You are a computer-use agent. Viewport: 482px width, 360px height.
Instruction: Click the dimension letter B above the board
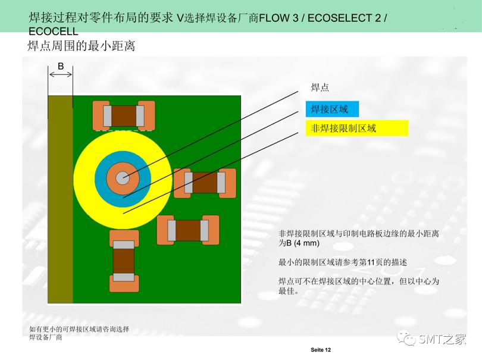(60, 66)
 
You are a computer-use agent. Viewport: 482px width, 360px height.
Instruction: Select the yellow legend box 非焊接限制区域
(357, 128)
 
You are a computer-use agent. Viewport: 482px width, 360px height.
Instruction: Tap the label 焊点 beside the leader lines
(320, 87)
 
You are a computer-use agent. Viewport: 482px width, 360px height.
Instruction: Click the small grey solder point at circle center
(123, 177)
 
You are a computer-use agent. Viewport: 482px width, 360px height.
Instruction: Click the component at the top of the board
(124, 115)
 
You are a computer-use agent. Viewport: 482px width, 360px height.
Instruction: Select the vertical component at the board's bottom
(124, 259)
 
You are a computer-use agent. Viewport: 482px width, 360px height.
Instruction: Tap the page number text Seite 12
(320, 349)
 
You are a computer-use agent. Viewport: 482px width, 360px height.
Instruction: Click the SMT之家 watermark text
(442, 339)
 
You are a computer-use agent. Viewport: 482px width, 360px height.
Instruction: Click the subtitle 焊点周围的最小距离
(82, 46)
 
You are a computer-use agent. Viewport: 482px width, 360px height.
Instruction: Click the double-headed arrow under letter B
(61, 74)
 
